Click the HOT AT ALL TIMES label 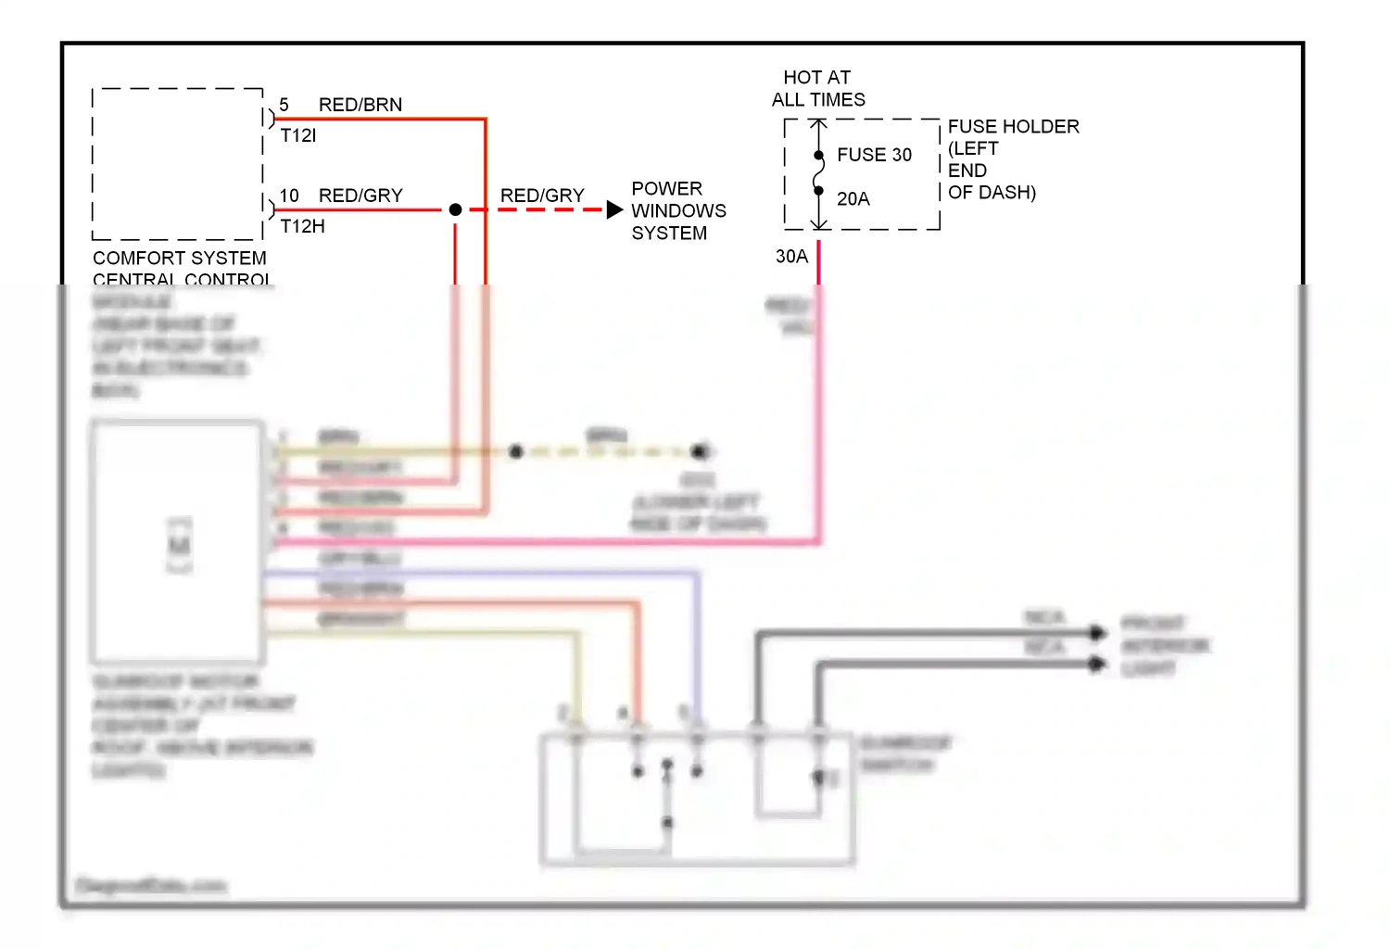(x=817, y=89)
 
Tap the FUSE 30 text (x=874, y=155)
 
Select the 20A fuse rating (x=853, y=198)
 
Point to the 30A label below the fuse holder (x=791, y=256)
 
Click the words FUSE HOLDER (x=1013, y=126)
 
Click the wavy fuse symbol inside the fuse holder (x=818, y=173)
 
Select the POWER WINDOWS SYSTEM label (x=677, y=210)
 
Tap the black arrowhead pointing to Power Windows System (x=614, y=209)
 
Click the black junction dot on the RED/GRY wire (x=455, y=209)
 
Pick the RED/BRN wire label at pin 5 (x=360, y=105)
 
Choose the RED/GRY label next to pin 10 (x=360, y=196)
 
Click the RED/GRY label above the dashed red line (x=542, y=196)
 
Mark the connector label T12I (x=297, y=135)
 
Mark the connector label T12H (x=302, y=226)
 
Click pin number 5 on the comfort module (x=284, y=105)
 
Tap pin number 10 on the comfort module (x=289, y=196)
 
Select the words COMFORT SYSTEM (x=179, y=258)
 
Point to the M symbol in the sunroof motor (x=179, y=545)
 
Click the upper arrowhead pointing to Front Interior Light (x=1098, y=633)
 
